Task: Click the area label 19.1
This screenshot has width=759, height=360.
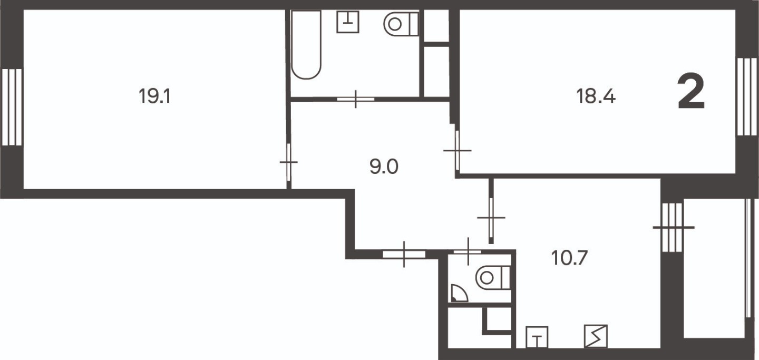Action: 154,96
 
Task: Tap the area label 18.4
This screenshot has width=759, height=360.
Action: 596,96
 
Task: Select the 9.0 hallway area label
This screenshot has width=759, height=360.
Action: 384,167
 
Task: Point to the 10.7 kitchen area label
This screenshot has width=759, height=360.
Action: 569,258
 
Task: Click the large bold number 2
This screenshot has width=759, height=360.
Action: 691,92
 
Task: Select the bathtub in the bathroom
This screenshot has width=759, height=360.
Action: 306,44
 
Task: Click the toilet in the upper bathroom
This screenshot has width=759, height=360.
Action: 401,24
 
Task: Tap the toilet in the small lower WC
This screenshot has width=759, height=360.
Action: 493,278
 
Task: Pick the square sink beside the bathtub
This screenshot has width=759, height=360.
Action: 348,22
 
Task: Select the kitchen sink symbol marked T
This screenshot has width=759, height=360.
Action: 537,337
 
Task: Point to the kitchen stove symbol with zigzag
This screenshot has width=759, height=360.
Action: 596,336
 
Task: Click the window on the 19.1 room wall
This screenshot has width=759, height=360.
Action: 12,107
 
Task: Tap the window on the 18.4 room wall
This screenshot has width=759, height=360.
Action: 747,96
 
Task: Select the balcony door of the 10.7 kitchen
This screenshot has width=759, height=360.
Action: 672,228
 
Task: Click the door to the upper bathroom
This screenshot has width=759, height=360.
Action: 355,99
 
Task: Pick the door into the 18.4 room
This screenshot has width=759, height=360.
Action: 457,150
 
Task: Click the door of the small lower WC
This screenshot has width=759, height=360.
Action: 468,251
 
